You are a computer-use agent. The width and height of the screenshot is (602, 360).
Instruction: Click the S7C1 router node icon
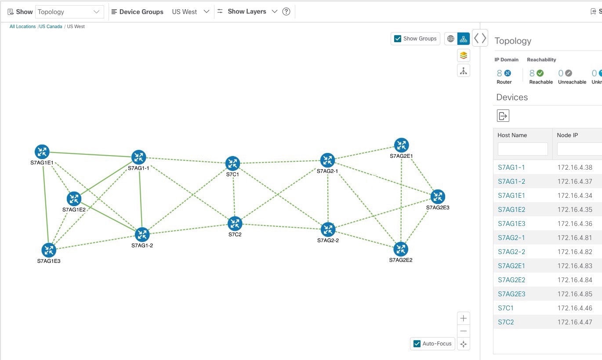point(233,163)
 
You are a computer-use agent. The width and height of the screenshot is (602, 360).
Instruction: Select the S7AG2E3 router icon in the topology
point(438,196)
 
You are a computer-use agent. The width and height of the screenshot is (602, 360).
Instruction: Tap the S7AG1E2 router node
point(74,199)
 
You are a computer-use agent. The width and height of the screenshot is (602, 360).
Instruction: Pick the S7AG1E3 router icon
point(49,250)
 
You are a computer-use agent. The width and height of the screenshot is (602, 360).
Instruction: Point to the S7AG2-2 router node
point(328,229)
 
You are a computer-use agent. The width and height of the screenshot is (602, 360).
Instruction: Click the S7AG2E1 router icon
point(402,145)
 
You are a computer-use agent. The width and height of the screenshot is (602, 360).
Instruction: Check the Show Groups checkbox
point(398,39)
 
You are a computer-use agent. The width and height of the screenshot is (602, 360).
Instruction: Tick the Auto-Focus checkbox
point(417,344)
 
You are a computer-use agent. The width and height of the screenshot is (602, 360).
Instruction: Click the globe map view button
point(451,39)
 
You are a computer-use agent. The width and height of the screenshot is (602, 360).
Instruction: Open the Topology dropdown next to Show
point(69,12)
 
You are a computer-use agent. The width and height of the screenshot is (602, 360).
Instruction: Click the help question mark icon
point(286,11)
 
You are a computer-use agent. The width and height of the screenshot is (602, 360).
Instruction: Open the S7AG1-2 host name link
point(511,182)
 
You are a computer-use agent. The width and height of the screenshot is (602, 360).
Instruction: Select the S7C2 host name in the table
point(506,322)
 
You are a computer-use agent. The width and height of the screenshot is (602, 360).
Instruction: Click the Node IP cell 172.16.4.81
point(575,238)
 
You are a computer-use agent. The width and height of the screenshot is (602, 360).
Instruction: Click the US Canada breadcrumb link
point(51,27)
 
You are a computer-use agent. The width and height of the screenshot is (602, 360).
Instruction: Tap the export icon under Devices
point(503,116)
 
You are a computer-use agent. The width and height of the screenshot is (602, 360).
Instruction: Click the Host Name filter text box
point(523,149)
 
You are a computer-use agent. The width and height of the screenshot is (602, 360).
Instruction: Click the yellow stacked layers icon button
point(463,55)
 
